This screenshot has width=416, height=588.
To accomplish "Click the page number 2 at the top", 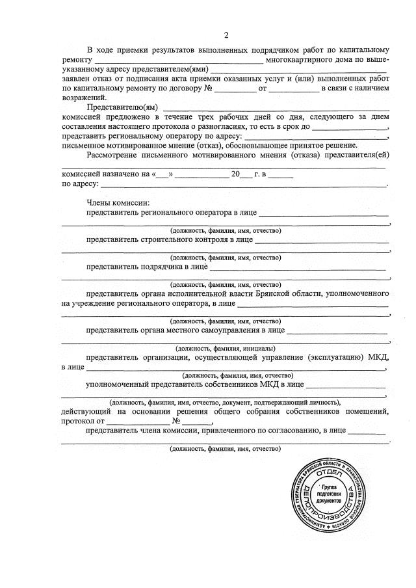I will click(226, 35).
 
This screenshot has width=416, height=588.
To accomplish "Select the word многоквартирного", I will click(298, 59).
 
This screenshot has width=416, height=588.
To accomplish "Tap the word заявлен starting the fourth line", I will click(76, 77).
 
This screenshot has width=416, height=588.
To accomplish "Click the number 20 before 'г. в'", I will click(235, 174).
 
